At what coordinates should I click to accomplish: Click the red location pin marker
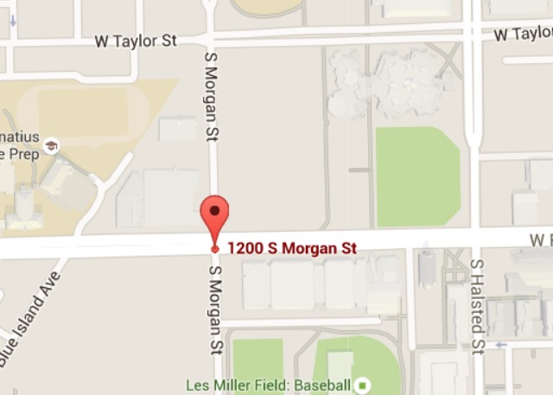pyautogui.click(x=215, y=215)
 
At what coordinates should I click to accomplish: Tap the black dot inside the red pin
pyautogui.click(x=215, y=209)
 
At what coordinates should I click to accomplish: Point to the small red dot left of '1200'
pyautogui.click(x=215, y=249)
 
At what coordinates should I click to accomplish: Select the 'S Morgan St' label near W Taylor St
pyautogui.click(x=208, y=95)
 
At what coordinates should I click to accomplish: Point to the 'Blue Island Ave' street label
pyautogui.click(x=31, y=321)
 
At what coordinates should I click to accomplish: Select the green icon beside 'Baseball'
pyautogui.click(x=364, y=385)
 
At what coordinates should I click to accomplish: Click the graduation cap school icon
pyautogui.click(x=52, y=146)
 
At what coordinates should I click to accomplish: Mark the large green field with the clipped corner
pyautogui.click(x=416, y=175)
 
